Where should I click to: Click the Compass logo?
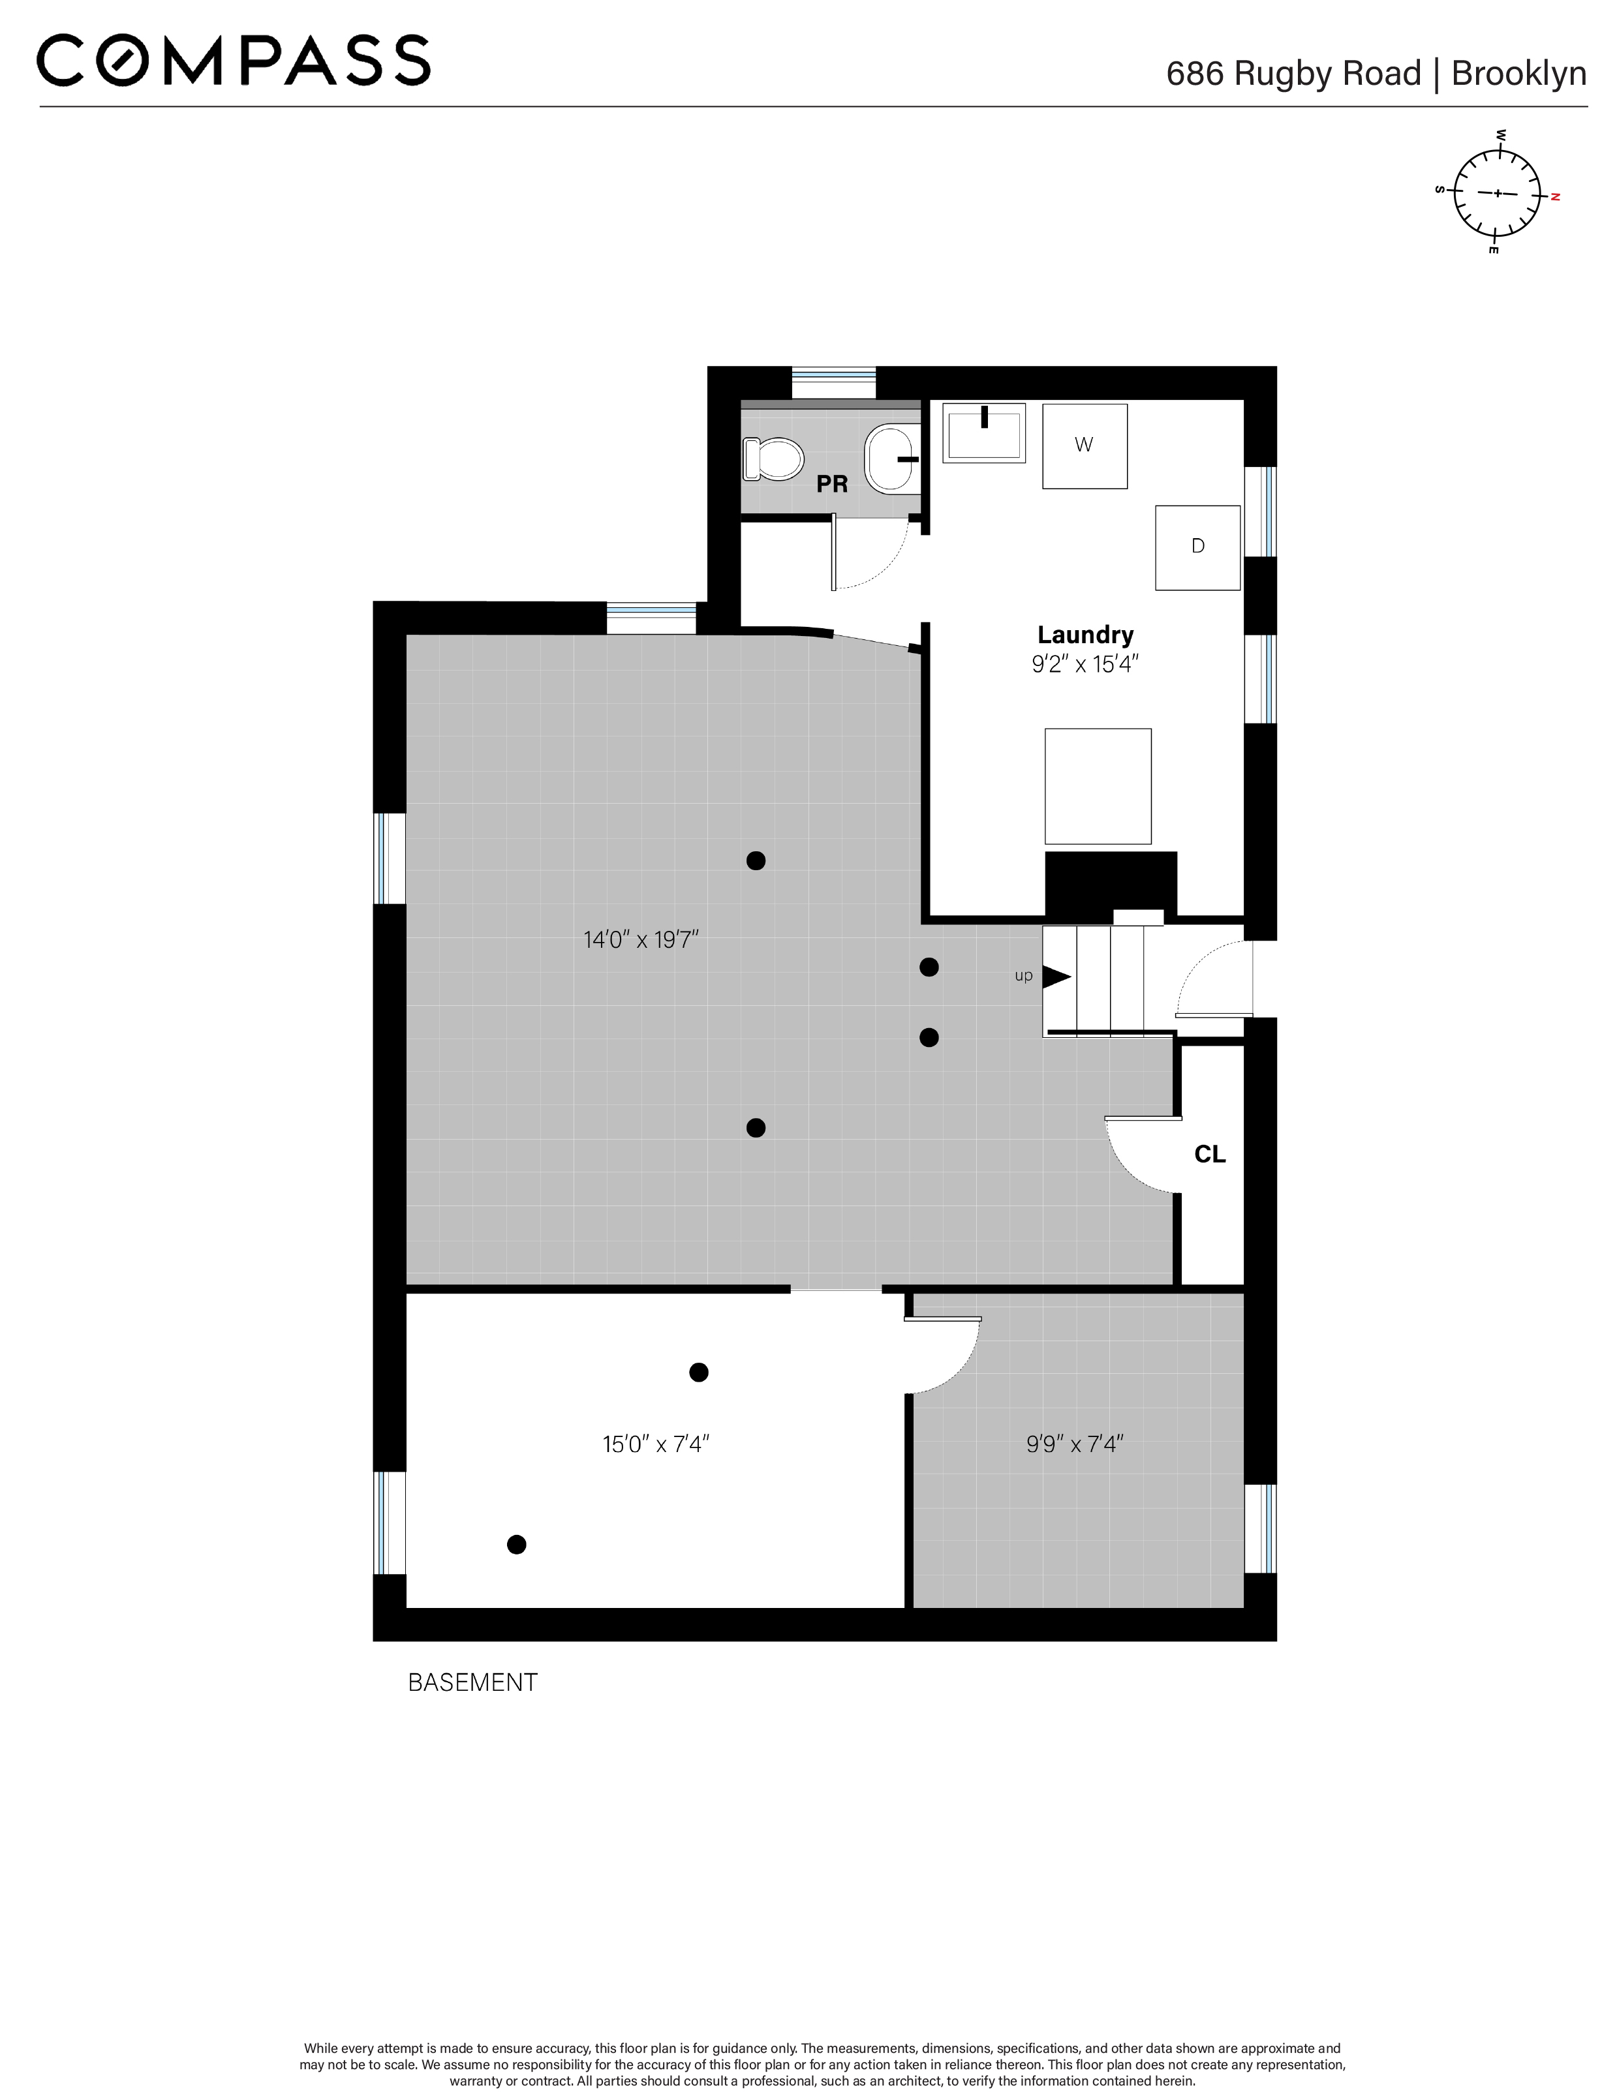point(233,61)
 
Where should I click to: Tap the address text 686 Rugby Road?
point(1293,74)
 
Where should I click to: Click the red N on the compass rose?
point(1556,196)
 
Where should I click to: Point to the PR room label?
point(831,485)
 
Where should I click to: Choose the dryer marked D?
point(1197,547)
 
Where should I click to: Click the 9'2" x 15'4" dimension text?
point(1085,664)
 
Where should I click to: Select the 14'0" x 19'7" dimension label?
point(641,940)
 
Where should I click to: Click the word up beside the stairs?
point(1023,976)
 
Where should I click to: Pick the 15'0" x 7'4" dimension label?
point(655,1444)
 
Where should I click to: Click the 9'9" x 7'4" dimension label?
point(1074,1444)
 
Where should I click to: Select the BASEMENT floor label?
point(472,1682)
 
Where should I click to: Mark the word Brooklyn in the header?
point(1518,74)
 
